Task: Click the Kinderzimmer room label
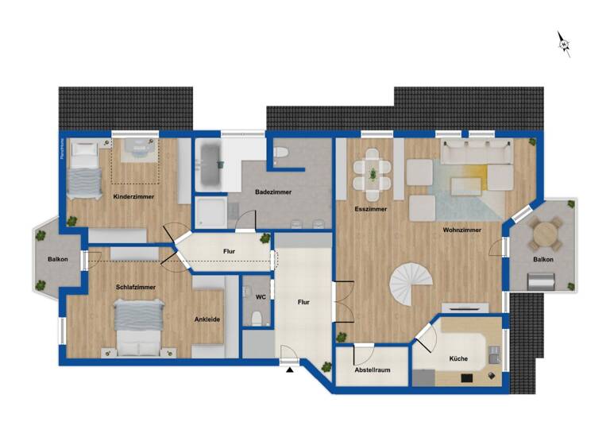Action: coord(133,195)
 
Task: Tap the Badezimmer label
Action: coord(273,192)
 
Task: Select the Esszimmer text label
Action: coord(371,209)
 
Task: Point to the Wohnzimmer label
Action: coord(462,230)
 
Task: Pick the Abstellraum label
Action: coord(373,370)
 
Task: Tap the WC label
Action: coord(261,297)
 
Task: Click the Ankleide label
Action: coord(207,319)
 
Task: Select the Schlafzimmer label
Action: coord(135,287)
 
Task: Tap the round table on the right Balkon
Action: coord(545,234)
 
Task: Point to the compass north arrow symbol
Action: coord(564,44)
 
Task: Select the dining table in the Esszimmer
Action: coord(372,173)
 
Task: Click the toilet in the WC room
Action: coord(257,319)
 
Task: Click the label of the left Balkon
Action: coord(58,260)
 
